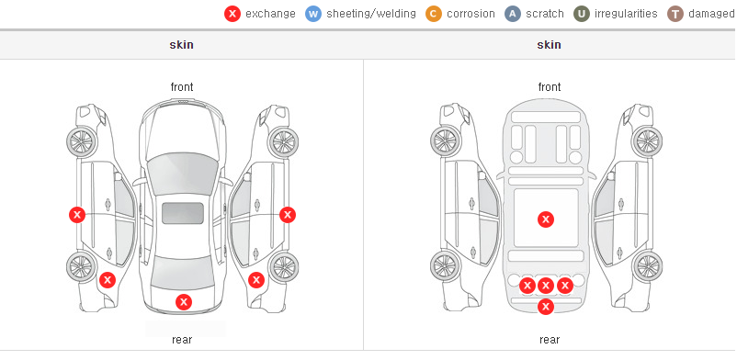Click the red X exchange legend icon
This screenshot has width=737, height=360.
(232, 14)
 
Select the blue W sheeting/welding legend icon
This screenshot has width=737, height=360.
(313, 14)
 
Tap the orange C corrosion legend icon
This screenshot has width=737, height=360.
(434, 14)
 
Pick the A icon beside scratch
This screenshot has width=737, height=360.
(513, 14)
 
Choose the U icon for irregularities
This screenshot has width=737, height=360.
(582, 14)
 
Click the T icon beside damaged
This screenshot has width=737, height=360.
(675, 14)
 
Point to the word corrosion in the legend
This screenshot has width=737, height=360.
(471, 14)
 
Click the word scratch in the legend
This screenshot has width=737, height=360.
(545, 14)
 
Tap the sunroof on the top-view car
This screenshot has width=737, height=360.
(183, 213)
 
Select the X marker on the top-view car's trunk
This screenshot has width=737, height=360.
(184, 302)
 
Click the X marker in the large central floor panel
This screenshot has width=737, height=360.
(546, 219)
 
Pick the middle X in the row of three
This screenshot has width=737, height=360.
(546, 286)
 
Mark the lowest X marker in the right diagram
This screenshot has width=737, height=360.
(546, 307)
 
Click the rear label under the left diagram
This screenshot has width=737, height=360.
(182, 340)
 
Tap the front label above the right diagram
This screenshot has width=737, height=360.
(550, 87)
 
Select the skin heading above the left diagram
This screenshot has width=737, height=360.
(181, 45)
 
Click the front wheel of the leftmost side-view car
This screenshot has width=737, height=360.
(81, 141)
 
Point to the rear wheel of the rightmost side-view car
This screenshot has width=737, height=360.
(647, 266)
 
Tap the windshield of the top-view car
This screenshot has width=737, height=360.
(182, 169)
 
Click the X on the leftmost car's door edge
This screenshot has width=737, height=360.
(77, 215)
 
